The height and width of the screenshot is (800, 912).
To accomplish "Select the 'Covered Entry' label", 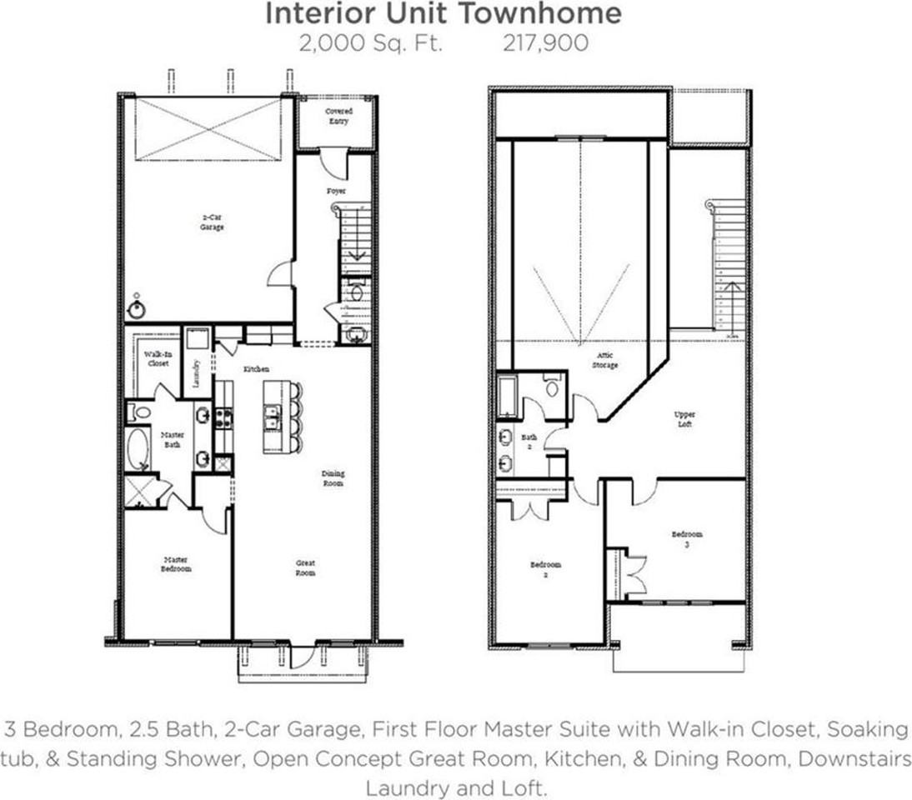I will tap(338, 116).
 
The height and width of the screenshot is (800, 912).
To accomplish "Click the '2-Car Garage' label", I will tap(212, 222).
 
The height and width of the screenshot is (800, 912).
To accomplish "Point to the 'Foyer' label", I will tap(336, 191).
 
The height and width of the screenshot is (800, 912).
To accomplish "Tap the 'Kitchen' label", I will tap(256, 368).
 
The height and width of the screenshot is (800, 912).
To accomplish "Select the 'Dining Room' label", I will tap(333, 478).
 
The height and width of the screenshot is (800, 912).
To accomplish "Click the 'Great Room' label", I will tap(305, 568).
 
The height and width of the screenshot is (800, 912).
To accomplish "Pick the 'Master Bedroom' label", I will tap(176, 564).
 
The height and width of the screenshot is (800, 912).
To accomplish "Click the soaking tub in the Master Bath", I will tap(138, 449).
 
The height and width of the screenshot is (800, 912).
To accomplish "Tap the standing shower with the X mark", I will tap(142, 491).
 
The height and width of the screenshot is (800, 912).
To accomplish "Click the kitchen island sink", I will tap(272, 417).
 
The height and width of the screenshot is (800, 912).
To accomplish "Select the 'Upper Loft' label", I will tap(685, 419).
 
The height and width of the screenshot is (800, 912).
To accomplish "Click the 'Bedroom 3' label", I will tap(688, 539).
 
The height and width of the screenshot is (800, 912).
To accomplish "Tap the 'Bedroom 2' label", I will tap(546, 569).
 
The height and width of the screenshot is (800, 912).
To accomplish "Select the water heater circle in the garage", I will tap(136, 310).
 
